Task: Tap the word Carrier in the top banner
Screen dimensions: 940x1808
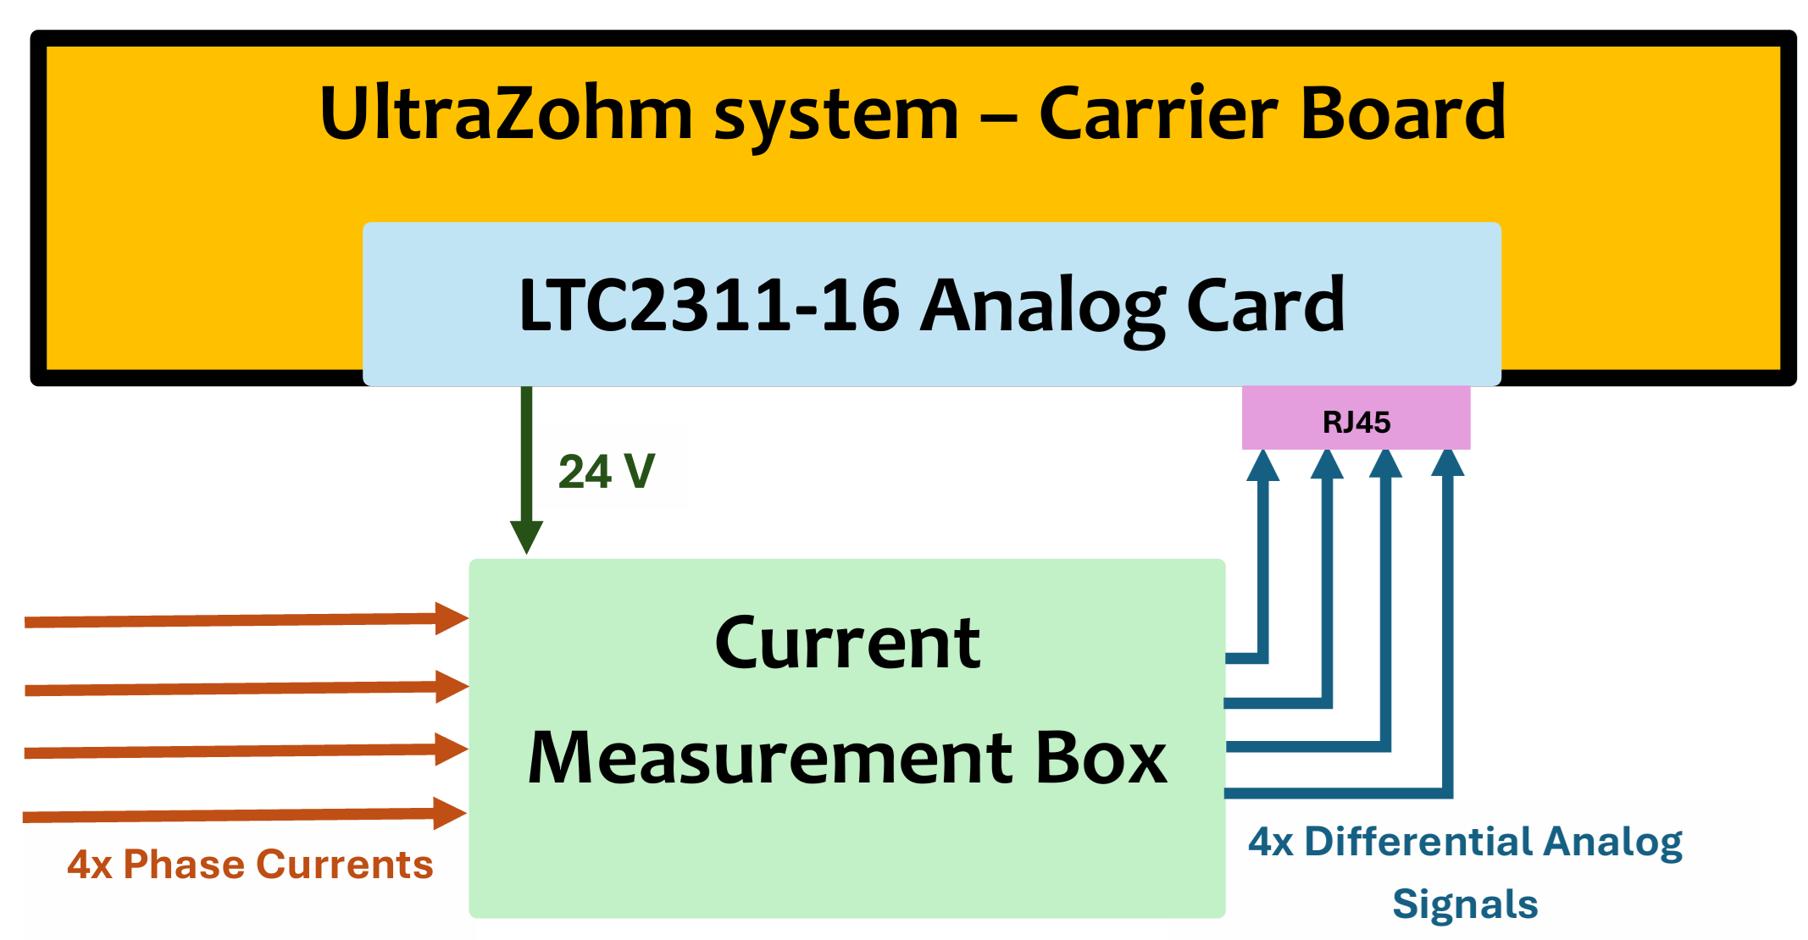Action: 1157,113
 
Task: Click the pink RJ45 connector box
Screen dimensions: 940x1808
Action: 1356,419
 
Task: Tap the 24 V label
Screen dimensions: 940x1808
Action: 607,472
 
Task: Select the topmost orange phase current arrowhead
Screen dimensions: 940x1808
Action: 451,618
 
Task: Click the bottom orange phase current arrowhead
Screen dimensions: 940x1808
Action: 449,813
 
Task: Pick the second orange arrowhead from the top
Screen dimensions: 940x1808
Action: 451,686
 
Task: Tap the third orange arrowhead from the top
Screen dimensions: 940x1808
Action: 451,749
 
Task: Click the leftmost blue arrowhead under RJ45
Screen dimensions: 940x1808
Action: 1262,466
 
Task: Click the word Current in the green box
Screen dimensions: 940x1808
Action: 847,644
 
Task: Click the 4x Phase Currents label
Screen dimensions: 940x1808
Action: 250,865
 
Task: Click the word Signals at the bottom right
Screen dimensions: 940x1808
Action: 1465,904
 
